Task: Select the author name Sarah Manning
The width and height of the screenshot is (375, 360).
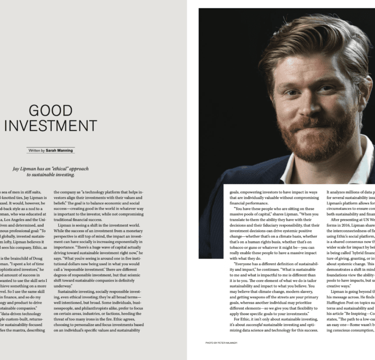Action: click(x=60, y=151)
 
